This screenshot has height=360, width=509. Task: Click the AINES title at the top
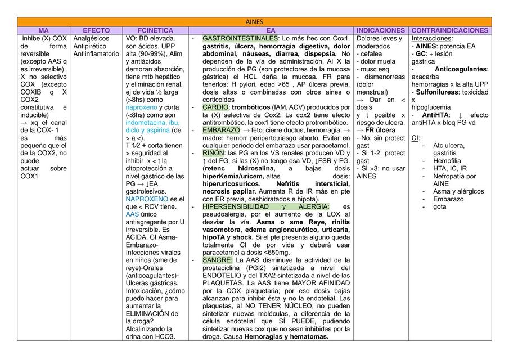(254, 21)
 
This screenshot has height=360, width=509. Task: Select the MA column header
(44, 30)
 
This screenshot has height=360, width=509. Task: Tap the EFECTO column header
(96, 30)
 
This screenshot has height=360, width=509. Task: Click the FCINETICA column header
(155, 30)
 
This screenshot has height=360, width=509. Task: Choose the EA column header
(271, 30)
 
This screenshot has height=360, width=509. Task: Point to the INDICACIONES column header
(381, 30)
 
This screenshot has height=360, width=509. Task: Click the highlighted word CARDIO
(215, 107)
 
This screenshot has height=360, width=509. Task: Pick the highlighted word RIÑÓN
(213, 152)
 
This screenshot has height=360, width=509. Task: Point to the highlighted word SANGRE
(217, 260)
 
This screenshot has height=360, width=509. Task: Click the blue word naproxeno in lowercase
(141, 107)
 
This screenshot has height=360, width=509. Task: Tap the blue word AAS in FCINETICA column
(132, 214)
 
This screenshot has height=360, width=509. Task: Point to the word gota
(440, 206)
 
